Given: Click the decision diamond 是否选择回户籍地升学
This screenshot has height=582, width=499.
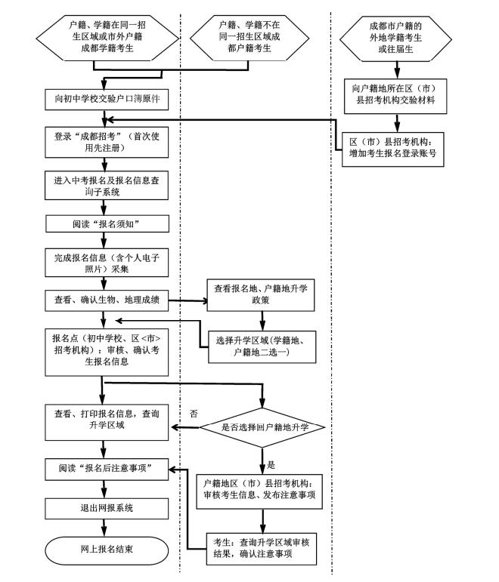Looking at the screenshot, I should [x=262, y=428].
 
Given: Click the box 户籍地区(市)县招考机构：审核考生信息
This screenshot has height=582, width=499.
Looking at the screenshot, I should [x=262, y=488].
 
